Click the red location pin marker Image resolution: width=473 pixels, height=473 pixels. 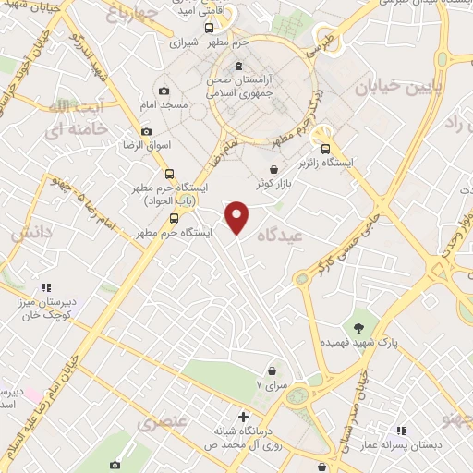(x=237, y=216)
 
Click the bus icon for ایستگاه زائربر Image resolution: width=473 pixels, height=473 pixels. (x=324, y=149)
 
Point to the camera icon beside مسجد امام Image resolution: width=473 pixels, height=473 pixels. (x=164, y=91)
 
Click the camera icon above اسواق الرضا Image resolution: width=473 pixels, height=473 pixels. (x=146, y=131)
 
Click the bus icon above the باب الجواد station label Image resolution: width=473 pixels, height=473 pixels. (x=169, y=173)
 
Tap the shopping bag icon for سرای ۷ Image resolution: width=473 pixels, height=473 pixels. (x=271, y=370)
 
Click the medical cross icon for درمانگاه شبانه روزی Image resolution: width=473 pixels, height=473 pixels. (x=244, y=418)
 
